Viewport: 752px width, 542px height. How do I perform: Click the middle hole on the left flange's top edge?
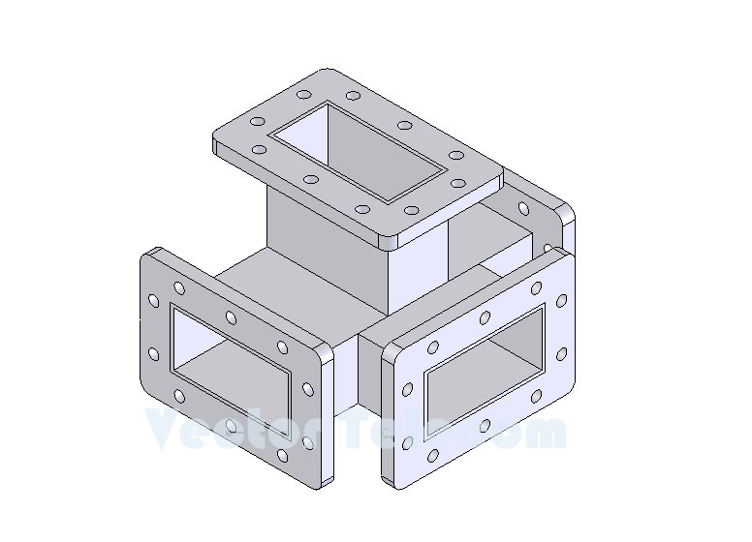point(231,316)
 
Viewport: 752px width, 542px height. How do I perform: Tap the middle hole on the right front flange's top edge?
point(486,317)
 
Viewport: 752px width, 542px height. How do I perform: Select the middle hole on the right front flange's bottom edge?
point(485,427)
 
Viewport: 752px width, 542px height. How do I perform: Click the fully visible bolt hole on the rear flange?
point(524,208)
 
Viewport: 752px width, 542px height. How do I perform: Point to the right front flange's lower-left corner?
point(390,479)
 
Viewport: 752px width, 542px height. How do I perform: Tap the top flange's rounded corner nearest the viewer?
point(392,234)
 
